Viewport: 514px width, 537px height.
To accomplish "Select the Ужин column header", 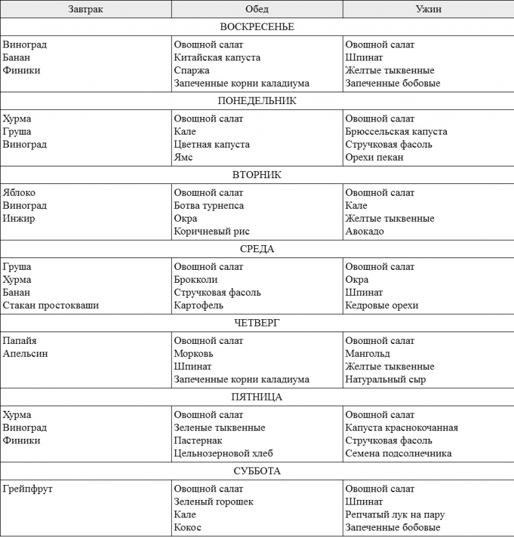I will click(x=429, y=9).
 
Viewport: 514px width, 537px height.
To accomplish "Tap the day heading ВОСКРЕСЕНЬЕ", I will click(x=257, y=27).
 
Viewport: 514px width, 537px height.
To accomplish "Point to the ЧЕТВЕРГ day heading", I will click(x=257, y=323).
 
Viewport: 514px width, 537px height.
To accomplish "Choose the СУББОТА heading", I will click(x=257, y=471).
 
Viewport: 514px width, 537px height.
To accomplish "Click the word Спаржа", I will click(x=192, y=70).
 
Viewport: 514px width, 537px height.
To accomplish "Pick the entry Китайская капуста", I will click(x=217, y=57).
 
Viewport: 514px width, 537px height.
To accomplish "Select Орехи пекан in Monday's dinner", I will click(x=374, y=157).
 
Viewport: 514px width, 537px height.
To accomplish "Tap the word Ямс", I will click(x=183, y=157).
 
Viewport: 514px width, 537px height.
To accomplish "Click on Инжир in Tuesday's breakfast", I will click(x=19, y=218).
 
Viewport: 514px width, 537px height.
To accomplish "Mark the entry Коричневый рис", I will click(x=211, y=231).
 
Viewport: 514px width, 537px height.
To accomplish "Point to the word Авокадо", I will click(x=364, y=231).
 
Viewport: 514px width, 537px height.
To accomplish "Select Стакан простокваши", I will click(x=51, y=305).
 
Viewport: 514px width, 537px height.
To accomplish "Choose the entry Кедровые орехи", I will click(x=382, y=305).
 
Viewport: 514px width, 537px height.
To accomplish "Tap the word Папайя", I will click(x=20, y=341).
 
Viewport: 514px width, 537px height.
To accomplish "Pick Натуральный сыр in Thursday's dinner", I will click(x=385, y=379).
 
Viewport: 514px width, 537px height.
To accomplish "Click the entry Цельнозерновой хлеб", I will click(x=223, y=453).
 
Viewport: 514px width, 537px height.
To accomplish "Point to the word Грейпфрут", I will click(x=27, y=489).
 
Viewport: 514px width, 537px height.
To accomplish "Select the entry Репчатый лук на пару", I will click(x=395, y=514).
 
